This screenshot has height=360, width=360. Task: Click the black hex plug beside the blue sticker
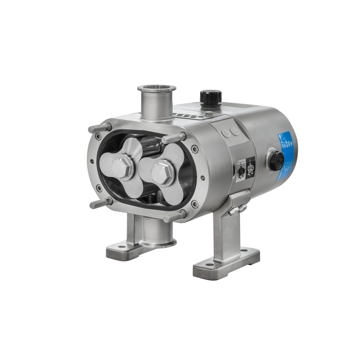pos(275,161)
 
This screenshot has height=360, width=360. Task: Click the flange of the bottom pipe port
pos(157,243)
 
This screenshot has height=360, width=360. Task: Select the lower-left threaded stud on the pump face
pos(100,203)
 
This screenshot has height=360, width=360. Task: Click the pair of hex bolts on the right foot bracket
pos(236,209)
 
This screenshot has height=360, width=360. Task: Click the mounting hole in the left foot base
pos(121,246)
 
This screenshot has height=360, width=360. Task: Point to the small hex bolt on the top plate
pos(207,113)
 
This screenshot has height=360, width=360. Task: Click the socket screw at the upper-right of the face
pos(194,149)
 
